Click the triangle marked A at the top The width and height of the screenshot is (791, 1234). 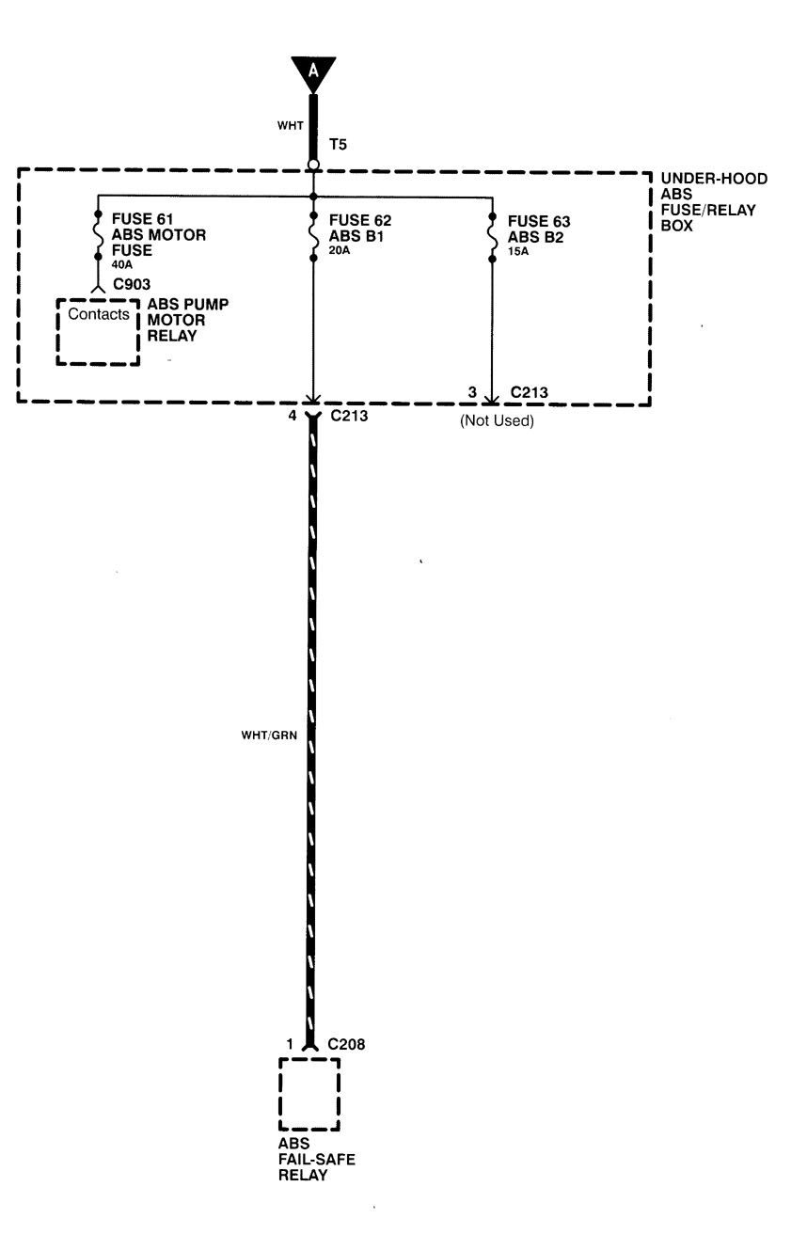(313, 71)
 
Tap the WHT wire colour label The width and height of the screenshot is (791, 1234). (289, 125)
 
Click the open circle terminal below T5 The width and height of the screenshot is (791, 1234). (313, 166)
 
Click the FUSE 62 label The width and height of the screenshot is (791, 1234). (359, 221)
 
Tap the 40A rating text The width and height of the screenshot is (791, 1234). (122, 264)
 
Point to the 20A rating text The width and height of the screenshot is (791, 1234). (340, 249)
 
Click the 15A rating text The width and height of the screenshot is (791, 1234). (519, 251)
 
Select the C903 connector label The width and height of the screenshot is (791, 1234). (130, 282)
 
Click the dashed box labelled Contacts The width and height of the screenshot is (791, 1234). (98, 331)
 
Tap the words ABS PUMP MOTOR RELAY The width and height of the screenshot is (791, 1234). (187, 320)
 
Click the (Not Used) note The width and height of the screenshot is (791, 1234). (497, 421)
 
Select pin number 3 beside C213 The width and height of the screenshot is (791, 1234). (473, 390)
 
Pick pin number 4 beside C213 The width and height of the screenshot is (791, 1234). (292, 414)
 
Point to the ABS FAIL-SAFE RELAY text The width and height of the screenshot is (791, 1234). (316, 1159)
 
